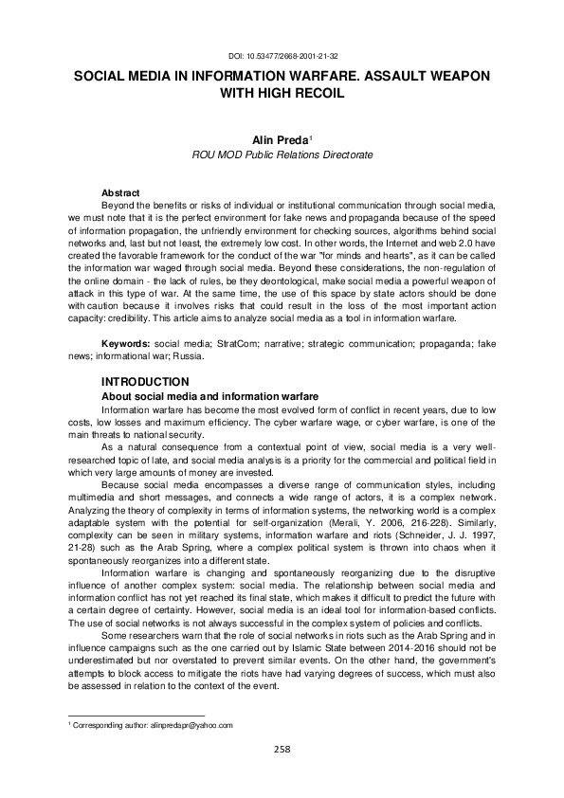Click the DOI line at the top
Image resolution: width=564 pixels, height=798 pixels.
pos(282,57)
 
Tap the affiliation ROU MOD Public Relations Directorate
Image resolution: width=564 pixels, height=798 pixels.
pos(282,153)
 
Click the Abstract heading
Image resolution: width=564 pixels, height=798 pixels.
pos(120,191)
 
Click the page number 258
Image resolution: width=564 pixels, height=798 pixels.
pos(282,749)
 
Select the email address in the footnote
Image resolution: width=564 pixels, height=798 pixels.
pos(191,724)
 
